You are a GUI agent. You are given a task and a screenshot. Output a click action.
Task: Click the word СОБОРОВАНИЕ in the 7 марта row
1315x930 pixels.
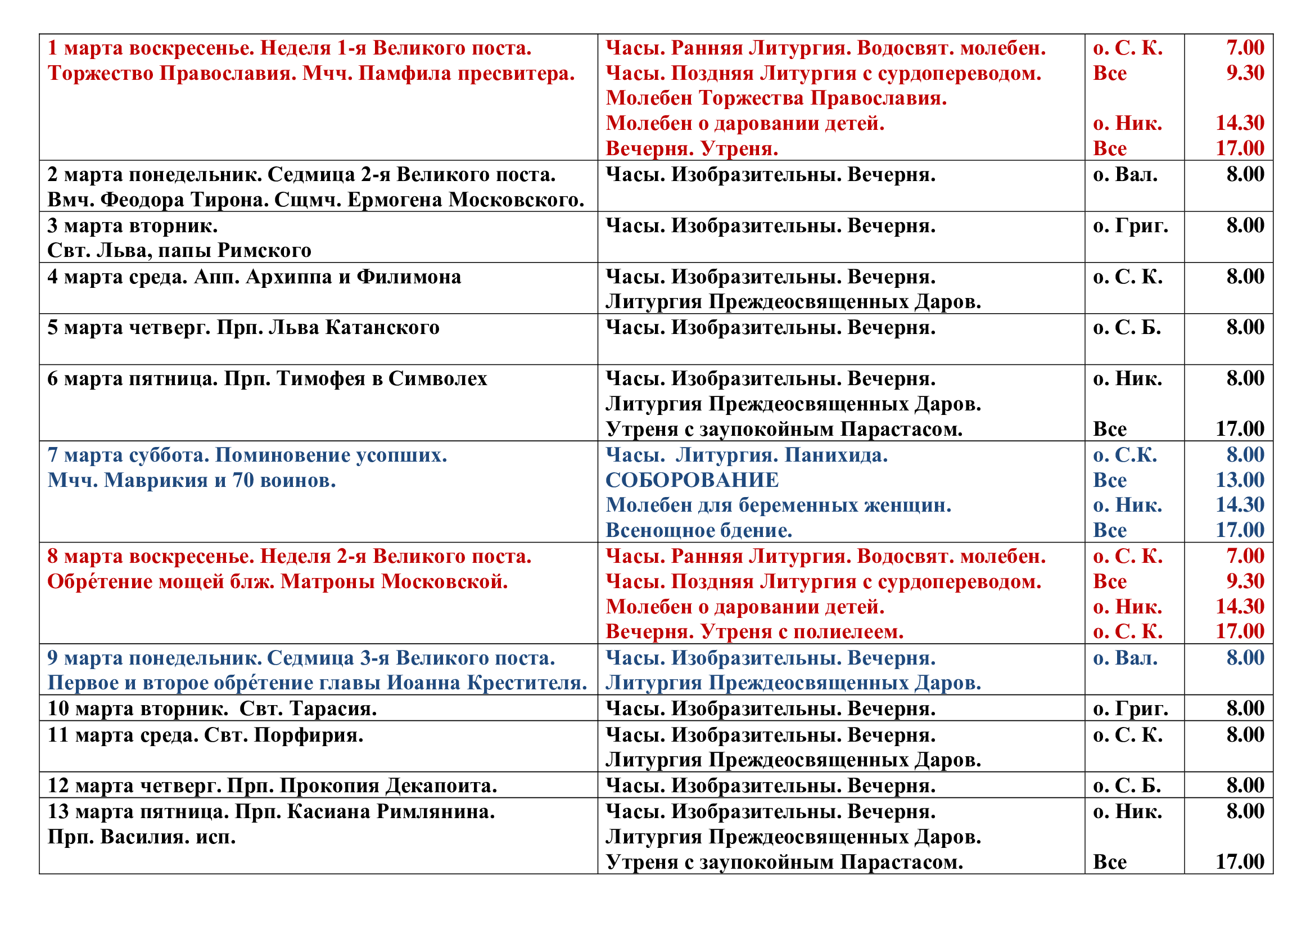tap(692, 480)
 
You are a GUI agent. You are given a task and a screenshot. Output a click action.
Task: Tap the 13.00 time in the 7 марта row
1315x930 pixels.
tap(1240, 480)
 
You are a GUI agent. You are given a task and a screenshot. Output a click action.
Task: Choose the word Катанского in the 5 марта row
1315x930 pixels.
tap(383, 328)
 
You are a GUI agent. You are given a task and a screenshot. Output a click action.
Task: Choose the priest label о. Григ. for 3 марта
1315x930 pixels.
tap(1130, 225)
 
